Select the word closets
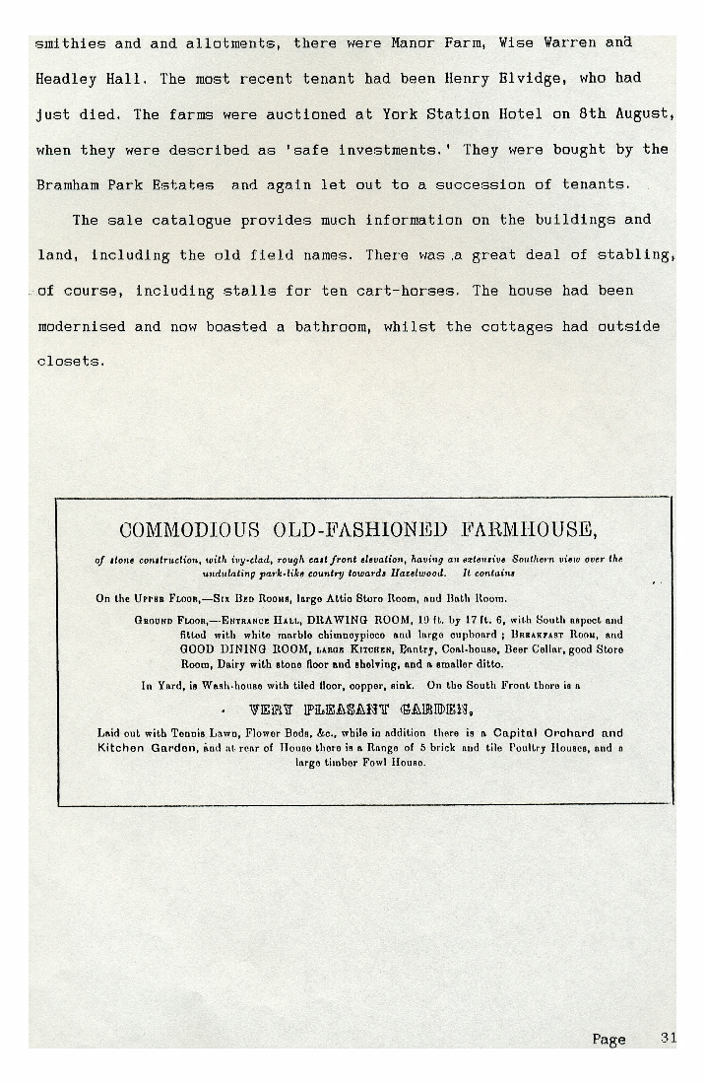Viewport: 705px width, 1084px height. [69, 362]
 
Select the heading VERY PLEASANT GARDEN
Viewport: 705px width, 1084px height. [360, 710]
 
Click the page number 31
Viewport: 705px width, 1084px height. [669, 1038]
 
